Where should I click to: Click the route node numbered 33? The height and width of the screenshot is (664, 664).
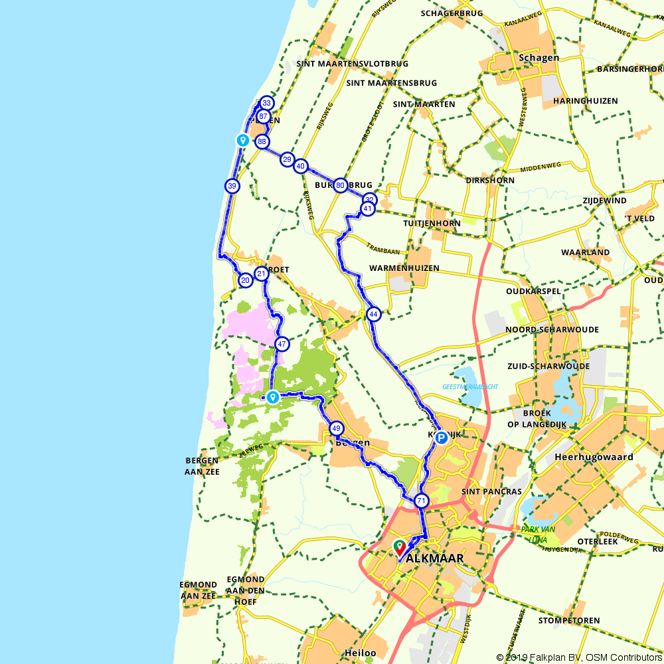click(266, 103)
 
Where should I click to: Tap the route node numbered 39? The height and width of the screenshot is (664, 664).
click(232, 187)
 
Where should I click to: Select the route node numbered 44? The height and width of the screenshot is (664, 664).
click(374, 314)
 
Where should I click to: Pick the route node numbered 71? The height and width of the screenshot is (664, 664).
click(421, 501)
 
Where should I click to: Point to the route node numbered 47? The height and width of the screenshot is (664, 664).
click(282, 344)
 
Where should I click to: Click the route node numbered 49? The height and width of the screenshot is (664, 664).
click(336, 429)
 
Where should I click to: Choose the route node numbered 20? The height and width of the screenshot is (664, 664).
click(246, 281)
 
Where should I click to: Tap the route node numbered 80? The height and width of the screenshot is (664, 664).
click(340, 185)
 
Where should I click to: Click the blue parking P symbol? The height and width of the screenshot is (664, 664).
click(440, 438)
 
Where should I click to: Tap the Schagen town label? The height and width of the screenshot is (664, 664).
click(539, 58)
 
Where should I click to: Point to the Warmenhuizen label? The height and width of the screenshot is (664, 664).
click(404, 268)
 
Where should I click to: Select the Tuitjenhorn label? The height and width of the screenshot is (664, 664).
click(432, 223)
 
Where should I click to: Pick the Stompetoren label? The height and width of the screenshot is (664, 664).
click(569, 621)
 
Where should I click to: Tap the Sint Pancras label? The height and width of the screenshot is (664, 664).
click(491, 491)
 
